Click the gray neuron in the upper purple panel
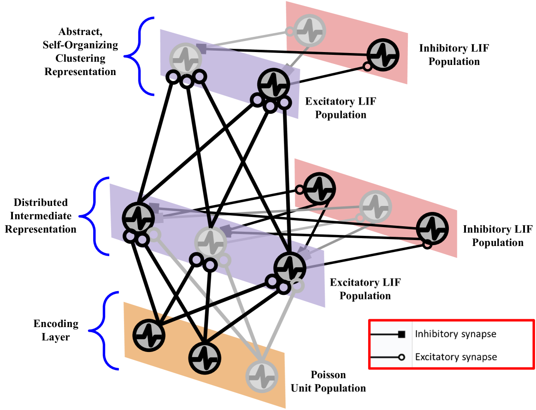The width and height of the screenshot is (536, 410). tap(186, 59)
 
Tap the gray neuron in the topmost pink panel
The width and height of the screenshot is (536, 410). tap(310, 30)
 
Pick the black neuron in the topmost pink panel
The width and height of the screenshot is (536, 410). tap(383, 55)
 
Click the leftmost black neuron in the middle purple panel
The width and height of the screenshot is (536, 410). tap(138, 218)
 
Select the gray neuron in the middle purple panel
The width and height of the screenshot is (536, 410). tap(211, 242)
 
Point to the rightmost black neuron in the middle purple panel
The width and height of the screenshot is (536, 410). tap(289, 268)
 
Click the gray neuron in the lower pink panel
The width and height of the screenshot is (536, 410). tap(375, 206)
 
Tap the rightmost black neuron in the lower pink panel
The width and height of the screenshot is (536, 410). tap(432, 228)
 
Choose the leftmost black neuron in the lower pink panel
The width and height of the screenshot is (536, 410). tap(319, 188)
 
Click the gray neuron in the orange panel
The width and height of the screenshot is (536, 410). tap(262, 376)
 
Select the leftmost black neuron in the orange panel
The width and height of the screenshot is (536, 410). tap(149, 335)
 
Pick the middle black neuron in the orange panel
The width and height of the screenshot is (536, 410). tap(205, 358)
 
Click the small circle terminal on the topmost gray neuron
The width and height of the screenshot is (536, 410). tap(290, 32)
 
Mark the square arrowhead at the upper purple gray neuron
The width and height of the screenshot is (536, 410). tap(201, 48)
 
